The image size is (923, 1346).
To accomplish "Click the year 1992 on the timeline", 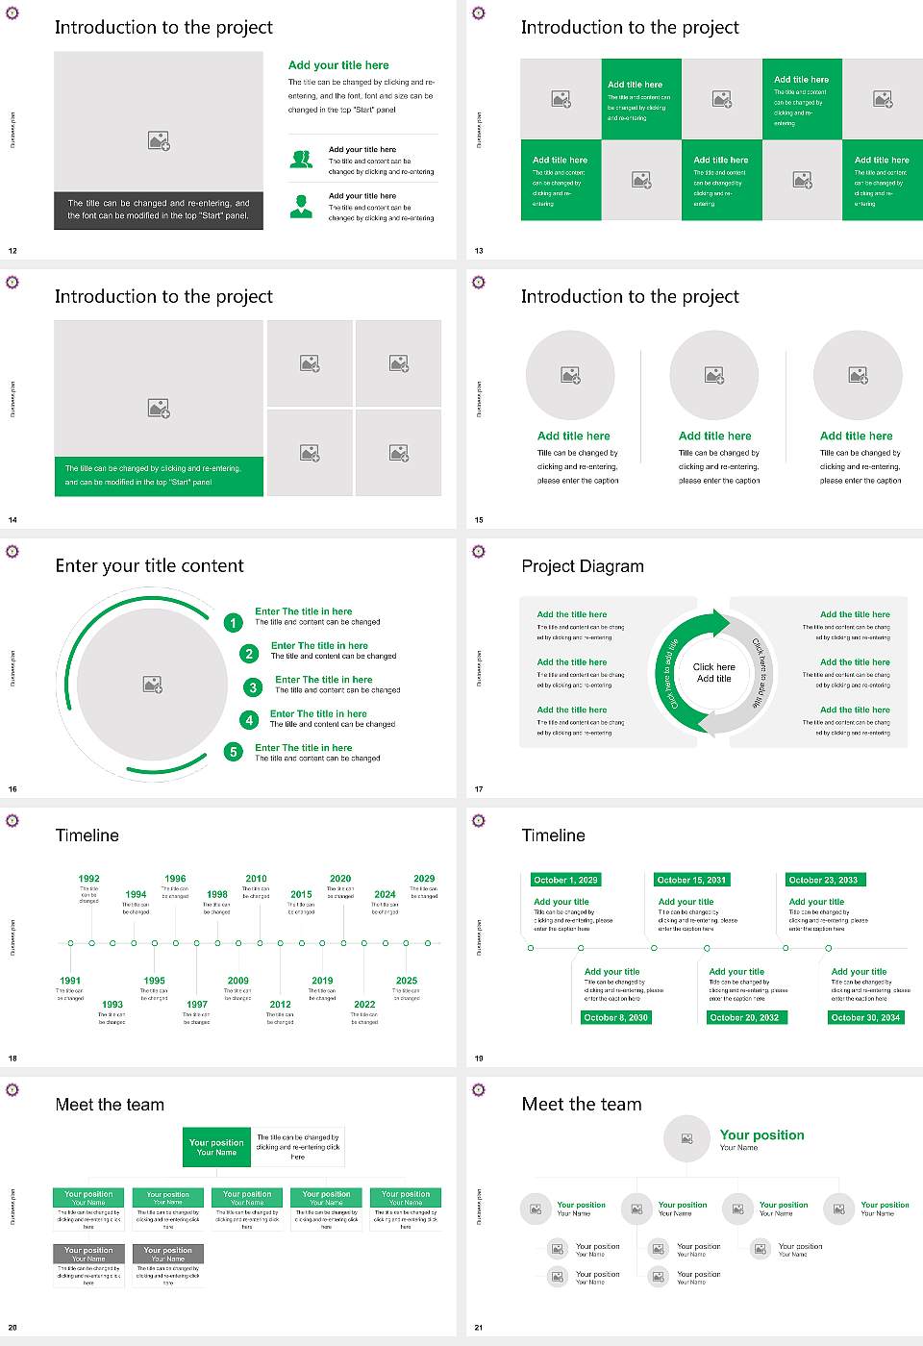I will click(88, 879).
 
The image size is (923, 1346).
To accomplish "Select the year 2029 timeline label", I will click(424, 879).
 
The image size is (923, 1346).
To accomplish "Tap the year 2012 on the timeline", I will click(280, 1005).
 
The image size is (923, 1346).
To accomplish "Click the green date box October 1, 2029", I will click(565, 880).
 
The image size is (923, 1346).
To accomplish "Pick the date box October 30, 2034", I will click(865, 1017).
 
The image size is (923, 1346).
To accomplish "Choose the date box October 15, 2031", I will click(691, 880).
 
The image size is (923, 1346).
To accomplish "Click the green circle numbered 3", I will click(253, 687).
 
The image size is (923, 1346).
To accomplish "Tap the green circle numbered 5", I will click(233, 752).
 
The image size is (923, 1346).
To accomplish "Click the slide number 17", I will click(479, 789).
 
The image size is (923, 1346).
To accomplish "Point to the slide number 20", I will click(12, 1328).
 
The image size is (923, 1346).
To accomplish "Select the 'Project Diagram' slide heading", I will click(583, 566).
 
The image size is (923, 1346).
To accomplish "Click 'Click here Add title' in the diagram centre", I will click(713, 672).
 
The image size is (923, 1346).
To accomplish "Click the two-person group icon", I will click(301, 160).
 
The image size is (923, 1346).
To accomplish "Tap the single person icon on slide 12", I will click(301, 206).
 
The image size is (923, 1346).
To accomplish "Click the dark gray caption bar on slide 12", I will click(159, 210).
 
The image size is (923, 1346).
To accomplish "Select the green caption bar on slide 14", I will click(159, 476).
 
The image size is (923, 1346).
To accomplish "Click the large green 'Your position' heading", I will click(761, 1135).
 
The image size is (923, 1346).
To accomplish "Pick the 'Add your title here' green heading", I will click(338, 65).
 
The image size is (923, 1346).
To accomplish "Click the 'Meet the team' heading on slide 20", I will click(110, 1105).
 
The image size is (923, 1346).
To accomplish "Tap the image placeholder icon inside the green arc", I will click(152, 684).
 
